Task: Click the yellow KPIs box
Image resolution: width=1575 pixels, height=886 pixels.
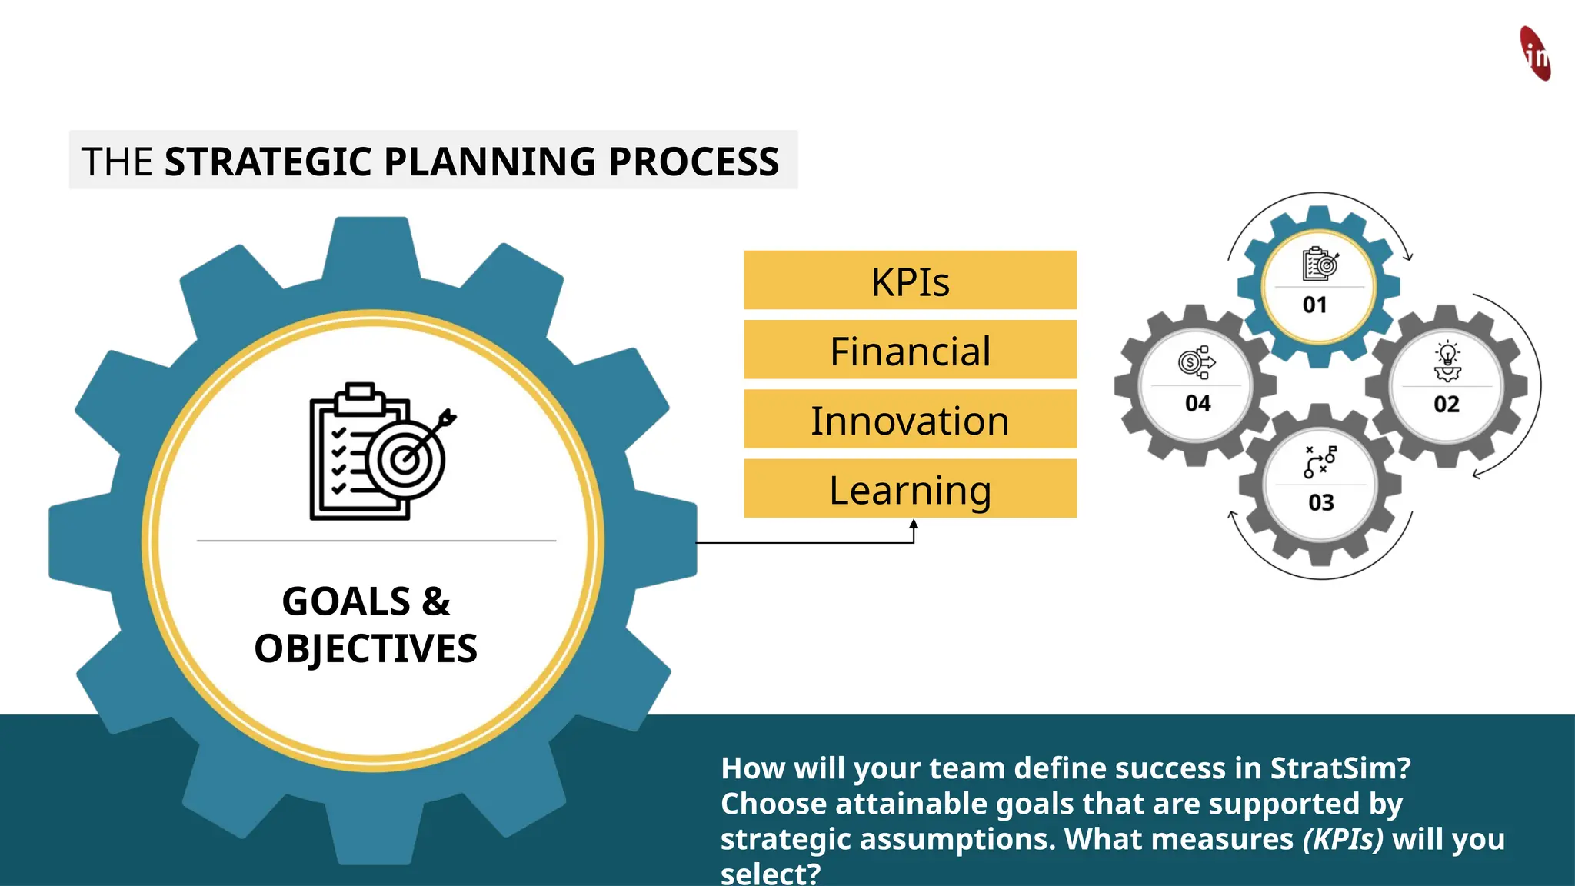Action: pyautogui.click(x=910, y=281)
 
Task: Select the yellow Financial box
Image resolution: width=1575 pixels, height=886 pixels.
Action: pyautogui.click(x=910, y=351)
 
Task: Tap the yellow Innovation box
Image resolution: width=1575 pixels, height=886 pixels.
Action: pyautogui.click(x=910, y=420)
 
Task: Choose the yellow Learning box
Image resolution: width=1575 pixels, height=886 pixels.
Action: pyautogui.click(x=910, y=489)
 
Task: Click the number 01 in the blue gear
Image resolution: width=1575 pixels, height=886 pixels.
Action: pyautogui.click(x=1314, y=305)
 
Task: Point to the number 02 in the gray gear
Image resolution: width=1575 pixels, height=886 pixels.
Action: pyautogui.click(x=1446, y=404)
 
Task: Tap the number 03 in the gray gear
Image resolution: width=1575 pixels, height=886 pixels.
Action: pyautogui.click(x=1320, y=502)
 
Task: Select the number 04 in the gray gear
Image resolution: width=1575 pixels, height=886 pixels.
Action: pyautogui.click(x=1197, y=403)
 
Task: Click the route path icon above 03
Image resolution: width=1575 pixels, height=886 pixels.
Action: pyautogui.click(x=1320, y=461)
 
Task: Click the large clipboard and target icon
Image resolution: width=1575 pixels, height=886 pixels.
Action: pyautogui.click(x=381, y=452)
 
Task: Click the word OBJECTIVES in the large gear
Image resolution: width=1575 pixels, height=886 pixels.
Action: pyautogui.click(x=366, y=648)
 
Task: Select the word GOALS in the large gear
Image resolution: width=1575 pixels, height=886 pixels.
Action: pyautogui.click(x=346, y=601)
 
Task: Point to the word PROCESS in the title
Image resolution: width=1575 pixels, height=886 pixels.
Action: pyautogui.click(x=694, y=162)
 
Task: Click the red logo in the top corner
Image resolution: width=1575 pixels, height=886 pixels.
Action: pyautogui.click(x=1535, y=54)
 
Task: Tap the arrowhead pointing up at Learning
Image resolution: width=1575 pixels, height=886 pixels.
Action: pyautogui.click(x=914, y=525)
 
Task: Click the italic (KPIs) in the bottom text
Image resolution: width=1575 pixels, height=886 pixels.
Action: pyautogui.click(x=1343, y=839)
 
